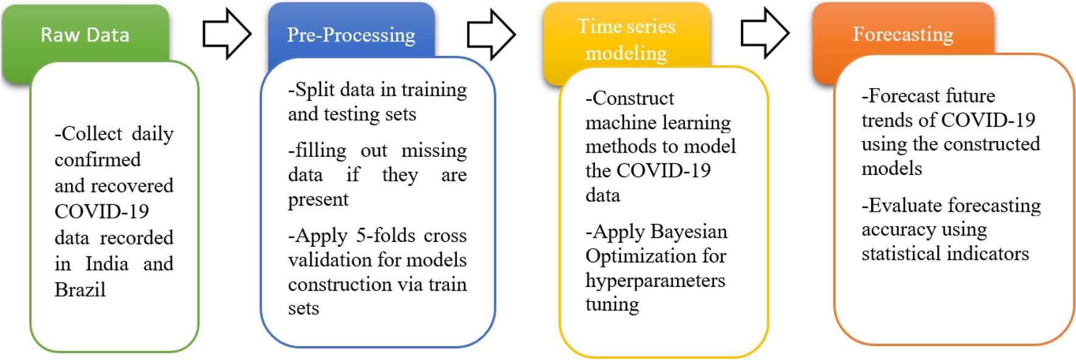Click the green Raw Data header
(x=85, y=34)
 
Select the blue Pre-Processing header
(x=351, y=34)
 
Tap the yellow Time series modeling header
(x=627, y=39)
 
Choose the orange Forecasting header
(x=903, y=34)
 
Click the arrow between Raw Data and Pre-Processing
(x=227, y=34)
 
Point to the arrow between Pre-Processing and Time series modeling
(x=491, y=34)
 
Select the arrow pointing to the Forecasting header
(x=765, y=34)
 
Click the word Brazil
(x=80, y=289)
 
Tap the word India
(x=107, y=263)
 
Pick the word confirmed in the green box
(x=98, y=159)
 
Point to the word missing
(x=434, y=150)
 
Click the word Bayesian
(x=689, y=232)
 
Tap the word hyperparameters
(x=656, y=281)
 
